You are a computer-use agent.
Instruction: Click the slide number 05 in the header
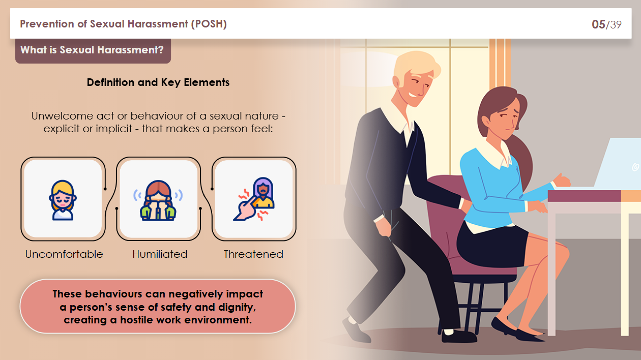(x=598, y=24)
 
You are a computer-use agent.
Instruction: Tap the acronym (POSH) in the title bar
(x=209, y=24)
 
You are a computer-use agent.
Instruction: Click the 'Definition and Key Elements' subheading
(x=158, y=82)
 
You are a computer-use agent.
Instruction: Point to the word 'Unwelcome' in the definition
(x=62, y=116)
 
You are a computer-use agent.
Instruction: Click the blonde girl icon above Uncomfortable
(x=63, y=200)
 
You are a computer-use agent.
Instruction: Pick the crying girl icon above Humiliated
(x=158, y=200)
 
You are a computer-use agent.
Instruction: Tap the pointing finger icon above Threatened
(x=253, y=200)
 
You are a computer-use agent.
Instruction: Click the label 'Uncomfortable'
(x=64, y=254)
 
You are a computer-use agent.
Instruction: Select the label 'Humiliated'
(x=160, y=254)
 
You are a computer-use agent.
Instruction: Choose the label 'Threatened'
(x=253, y=254)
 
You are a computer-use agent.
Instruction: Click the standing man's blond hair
(x=415, y=67)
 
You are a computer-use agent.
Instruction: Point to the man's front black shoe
(x=458, y=336)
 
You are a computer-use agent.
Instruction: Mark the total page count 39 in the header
(x=616, y=24)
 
